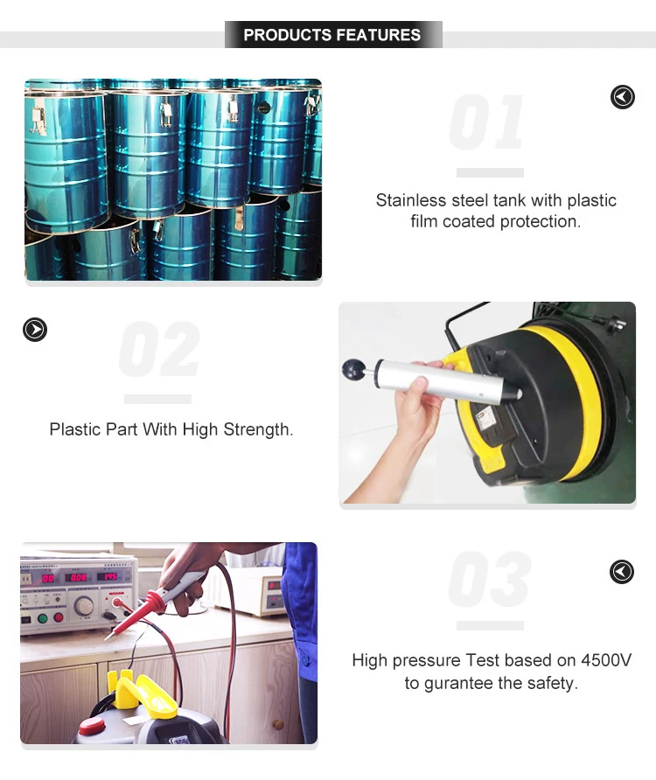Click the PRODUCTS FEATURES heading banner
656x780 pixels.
[332, 35]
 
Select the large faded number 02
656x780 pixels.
[158, 351]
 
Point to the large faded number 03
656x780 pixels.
[489, 580]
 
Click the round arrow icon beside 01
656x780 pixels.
[622, 97]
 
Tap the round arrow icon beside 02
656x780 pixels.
[34, 330]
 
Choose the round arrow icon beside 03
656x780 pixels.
[621, 572]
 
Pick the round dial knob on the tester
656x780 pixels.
[84, 605]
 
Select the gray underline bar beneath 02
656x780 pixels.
[157, 400]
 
